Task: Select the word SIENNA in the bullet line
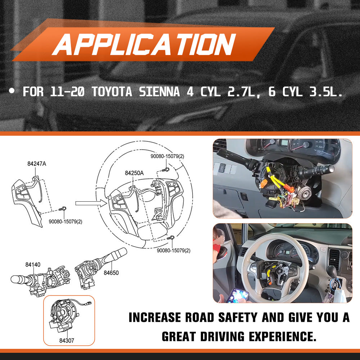162,91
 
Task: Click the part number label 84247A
36,164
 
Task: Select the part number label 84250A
134,173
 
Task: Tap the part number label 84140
33,265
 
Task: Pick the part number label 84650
111,273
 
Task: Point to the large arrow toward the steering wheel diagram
90,203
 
